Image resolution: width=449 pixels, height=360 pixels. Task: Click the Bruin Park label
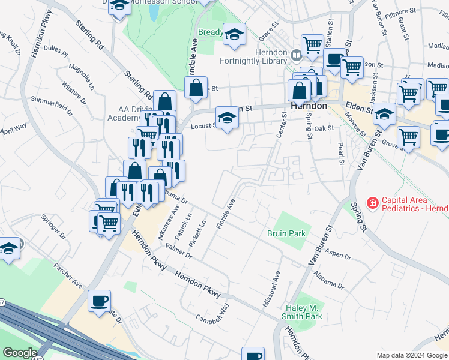(286, 234)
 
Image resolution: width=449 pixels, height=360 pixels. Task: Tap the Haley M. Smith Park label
(303, 312)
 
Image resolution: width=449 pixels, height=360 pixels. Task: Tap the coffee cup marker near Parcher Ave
(99, 301)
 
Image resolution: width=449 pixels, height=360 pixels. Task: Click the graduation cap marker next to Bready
(234, 35)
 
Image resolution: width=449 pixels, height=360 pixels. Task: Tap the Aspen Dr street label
(338, 255)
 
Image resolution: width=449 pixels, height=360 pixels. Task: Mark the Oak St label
(324, 128)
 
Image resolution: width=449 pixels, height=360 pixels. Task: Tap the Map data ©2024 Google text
(412, 355)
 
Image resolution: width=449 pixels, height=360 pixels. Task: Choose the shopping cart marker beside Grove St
(408, 137)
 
